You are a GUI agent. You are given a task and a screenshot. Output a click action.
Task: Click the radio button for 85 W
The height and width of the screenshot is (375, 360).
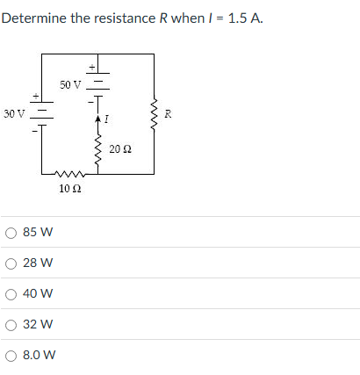12,234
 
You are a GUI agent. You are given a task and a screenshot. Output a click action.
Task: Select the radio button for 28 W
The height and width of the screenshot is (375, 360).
12,263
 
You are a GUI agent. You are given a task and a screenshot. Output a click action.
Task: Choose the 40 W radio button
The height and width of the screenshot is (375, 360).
12,294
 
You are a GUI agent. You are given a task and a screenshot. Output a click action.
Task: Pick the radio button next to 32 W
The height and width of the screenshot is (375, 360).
12,324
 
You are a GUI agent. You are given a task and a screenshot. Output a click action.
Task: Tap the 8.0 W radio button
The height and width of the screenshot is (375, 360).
12,356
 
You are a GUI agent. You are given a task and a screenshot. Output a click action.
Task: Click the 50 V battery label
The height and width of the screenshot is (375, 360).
70,85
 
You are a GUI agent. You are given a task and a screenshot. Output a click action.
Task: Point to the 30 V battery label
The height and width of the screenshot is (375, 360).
13,114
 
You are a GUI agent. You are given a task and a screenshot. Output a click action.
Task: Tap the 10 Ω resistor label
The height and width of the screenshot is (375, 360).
70,188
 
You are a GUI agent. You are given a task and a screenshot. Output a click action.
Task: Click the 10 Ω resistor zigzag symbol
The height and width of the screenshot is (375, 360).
70,174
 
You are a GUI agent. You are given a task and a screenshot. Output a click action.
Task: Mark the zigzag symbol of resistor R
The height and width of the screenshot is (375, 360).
155,113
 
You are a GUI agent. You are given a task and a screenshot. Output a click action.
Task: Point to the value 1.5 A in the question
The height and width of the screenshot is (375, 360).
242,18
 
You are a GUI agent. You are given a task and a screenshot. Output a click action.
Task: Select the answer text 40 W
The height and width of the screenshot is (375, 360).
40,294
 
